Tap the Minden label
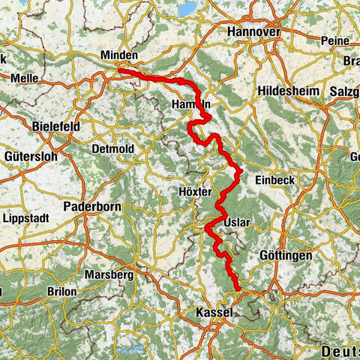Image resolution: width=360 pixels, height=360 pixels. point(118,55)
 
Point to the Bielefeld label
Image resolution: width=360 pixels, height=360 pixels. point(57,127)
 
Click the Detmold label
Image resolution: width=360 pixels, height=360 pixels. point(112,149)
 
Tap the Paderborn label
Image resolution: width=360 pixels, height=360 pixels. point(88,205)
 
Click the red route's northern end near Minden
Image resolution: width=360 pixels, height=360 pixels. point(118,70)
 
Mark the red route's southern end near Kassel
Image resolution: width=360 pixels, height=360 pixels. point(238,289)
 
